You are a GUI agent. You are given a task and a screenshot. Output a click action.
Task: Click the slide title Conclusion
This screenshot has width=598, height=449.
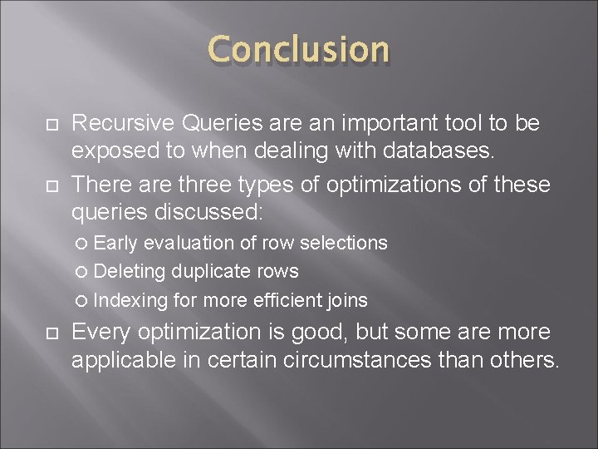pyautogui.click(x=298, y=50)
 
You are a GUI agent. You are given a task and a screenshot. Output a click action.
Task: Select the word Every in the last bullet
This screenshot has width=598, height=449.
pyautogui.click(x=101, y=333)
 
